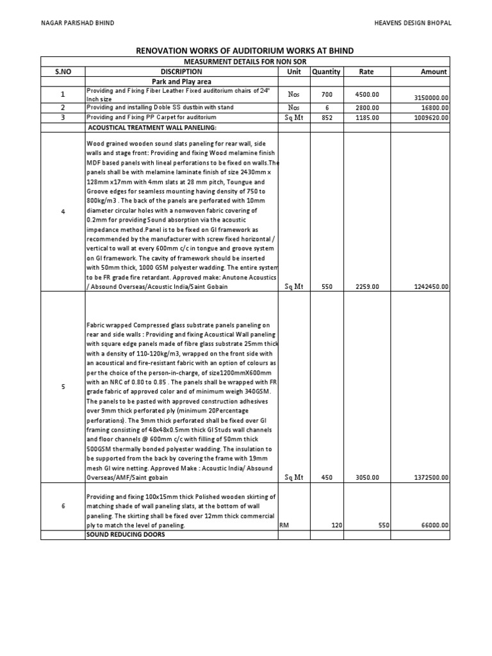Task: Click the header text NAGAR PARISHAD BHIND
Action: [x=78, y=23]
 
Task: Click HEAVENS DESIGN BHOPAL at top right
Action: [x=413, y=23]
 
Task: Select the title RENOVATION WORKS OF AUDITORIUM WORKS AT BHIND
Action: [x=245, y=51]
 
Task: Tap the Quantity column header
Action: [x=326, y=72]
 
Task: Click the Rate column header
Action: [x=366, y=72]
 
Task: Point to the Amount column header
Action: [x=434, y=72]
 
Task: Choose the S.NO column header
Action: [x=63, y=72]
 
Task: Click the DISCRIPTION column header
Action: [x=181, y=72]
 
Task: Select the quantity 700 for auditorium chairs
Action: [x=327, y=94]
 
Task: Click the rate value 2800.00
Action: [x=367, y=108]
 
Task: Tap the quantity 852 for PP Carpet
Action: [x=327, y=117]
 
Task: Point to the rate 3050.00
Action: [x=367, y=477]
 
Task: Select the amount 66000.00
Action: [x=434, y=525]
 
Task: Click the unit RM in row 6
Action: [x=284, y=525]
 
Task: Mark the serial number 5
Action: [x=63, y=386]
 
